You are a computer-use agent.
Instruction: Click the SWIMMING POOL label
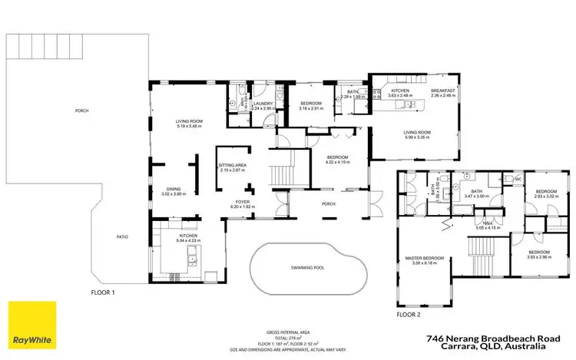(x=307, y=268)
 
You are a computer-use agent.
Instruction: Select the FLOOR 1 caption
(x=102, y=292)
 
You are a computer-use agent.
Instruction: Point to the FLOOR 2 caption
(x=409, y=314)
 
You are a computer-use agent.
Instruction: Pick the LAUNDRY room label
(x=264, y=104)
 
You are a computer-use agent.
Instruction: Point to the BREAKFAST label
(x=443, y=91)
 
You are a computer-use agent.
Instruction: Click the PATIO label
(x=121, y=236)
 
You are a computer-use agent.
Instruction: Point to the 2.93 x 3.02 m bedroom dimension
(x=546, y=196)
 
